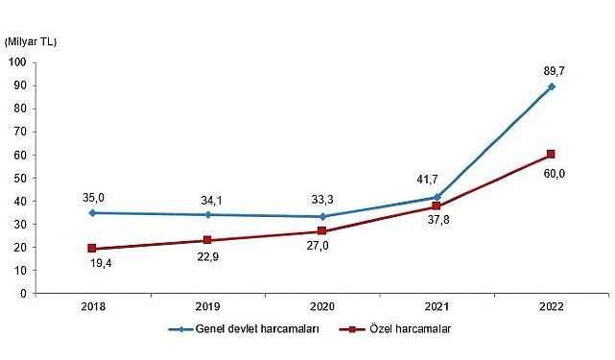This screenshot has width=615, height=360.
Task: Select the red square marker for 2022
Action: (x=551, y=155)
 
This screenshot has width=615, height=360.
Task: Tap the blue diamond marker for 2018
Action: (x=92, y=213)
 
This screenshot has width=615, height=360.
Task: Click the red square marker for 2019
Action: (x=206, y=241)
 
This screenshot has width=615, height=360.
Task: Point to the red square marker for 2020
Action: (x=321, y=231)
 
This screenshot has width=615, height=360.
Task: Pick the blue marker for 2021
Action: (x=436, y=198)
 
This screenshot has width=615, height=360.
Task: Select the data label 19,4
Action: (x=92, y=268)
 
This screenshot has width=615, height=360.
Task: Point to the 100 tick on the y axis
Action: (x=16, y=63)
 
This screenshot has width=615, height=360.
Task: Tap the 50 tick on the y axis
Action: (x=19, y=179)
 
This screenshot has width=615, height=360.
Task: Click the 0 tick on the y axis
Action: (x=22, y=294)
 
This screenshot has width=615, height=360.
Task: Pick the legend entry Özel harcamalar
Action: (x=399, y=329)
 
